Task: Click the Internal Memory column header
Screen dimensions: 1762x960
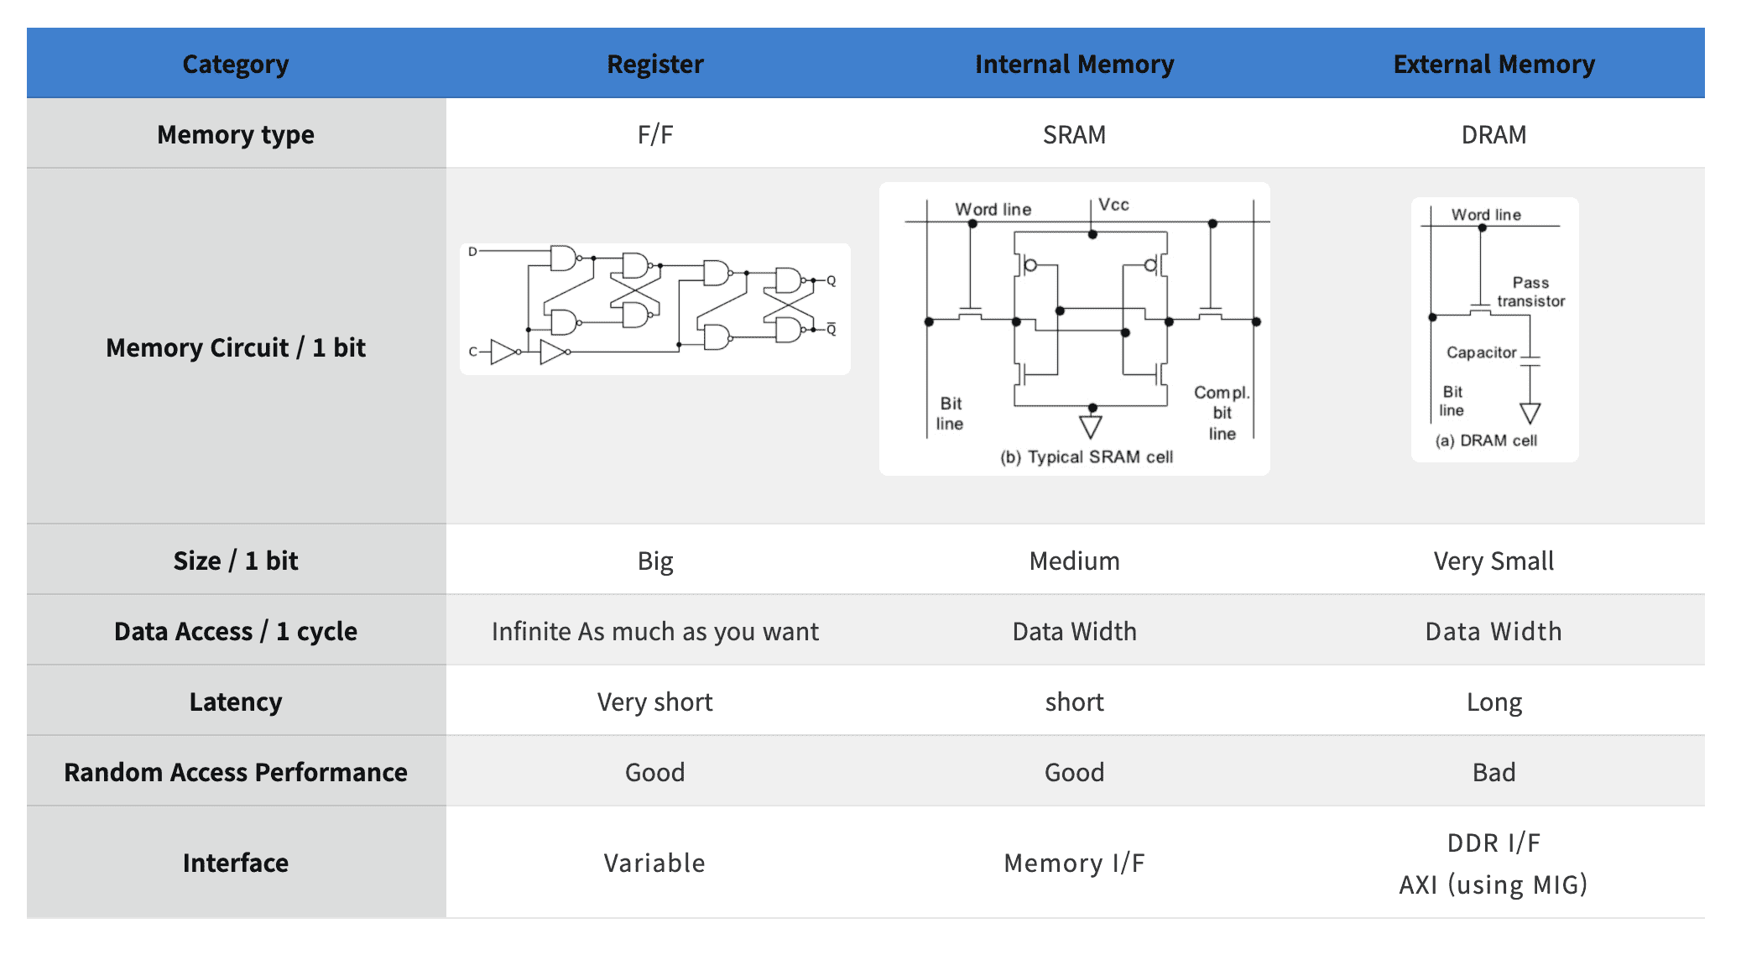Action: pos(1074,64)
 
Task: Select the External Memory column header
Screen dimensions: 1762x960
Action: pos(1494,64)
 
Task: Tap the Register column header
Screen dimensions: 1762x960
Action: pos(655,65)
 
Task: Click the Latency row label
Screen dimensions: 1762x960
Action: pos(236,702)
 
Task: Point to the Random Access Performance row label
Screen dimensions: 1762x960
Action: pos(236,772)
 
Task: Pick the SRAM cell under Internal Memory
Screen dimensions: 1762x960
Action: pos(1074,134)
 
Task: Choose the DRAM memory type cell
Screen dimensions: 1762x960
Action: pos(1494,134)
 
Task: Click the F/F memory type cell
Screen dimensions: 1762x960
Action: pos(655,134)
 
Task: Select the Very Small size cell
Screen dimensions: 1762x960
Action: pos(1494,561)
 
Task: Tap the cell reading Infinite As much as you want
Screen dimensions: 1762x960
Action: pos(655,631)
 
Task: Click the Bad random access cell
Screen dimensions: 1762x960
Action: pos(1494,772)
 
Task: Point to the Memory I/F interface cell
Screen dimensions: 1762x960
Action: pos(1074,863)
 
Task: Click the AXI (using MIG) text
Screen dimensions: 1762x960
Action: pos(1494,884)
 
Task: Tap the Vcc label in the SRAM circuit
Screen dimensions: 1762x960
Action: pos(1114,205)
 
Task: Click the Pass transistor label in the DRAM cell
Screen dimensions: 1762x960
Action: pos(1531,292)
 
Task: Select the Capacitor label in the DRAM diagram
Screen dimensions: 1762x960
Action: pos(1482,352)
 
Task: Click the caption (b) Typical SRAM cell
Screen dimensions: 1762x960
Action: pos(1087,457)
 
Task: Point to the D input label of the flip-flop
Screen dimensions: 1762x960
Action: pos(472,251)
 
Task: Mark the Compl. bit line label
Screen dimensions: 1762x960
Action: pos(1222,413)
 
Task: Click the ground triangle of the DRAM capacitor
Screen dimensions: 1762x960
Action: pos(1530,413)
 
